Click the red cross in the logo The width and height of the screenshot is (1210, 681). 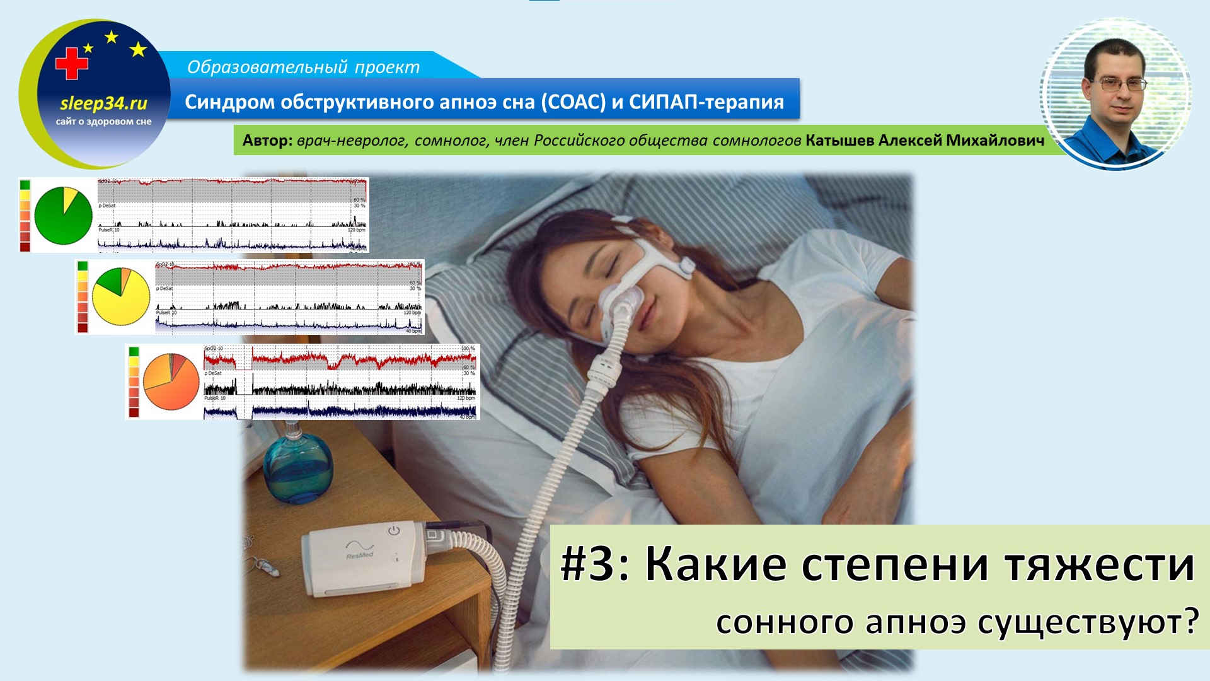point(71,64)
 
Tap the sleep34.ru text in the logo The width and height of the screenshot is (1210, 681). point(103,103)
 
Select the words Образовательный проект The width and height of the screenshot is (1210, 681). point(303,67)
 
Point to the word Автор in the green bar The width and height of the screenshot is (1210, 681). point(266,141)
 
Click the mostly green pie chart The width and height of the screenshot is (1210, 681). point(64,216)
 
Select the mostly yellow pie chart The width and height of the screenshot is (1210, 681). point(121,296)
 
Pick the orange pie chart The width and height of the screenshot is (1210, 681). point(171,381)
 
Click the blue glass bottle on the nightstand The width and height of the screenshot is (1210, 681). point(297,469)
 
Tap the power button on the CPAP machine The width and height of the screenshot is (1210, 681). point(394,530)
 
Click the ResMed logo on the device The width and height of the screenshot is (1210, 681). point(360,554)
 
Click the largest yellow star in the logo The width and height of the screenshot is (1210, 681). point(138,49)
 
